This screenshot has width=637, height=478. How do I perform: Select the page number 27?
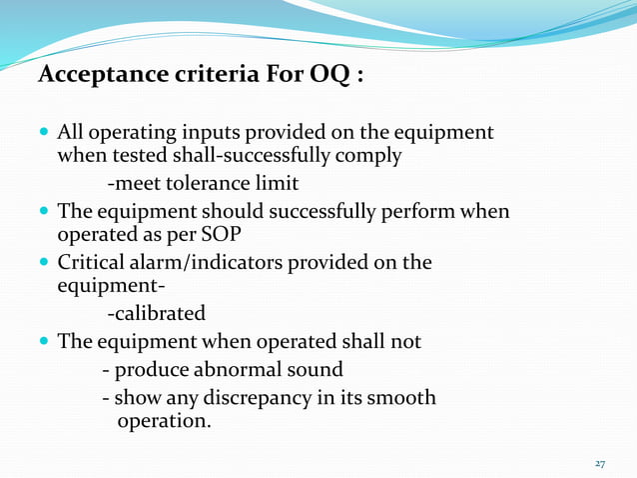point(600,464)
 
